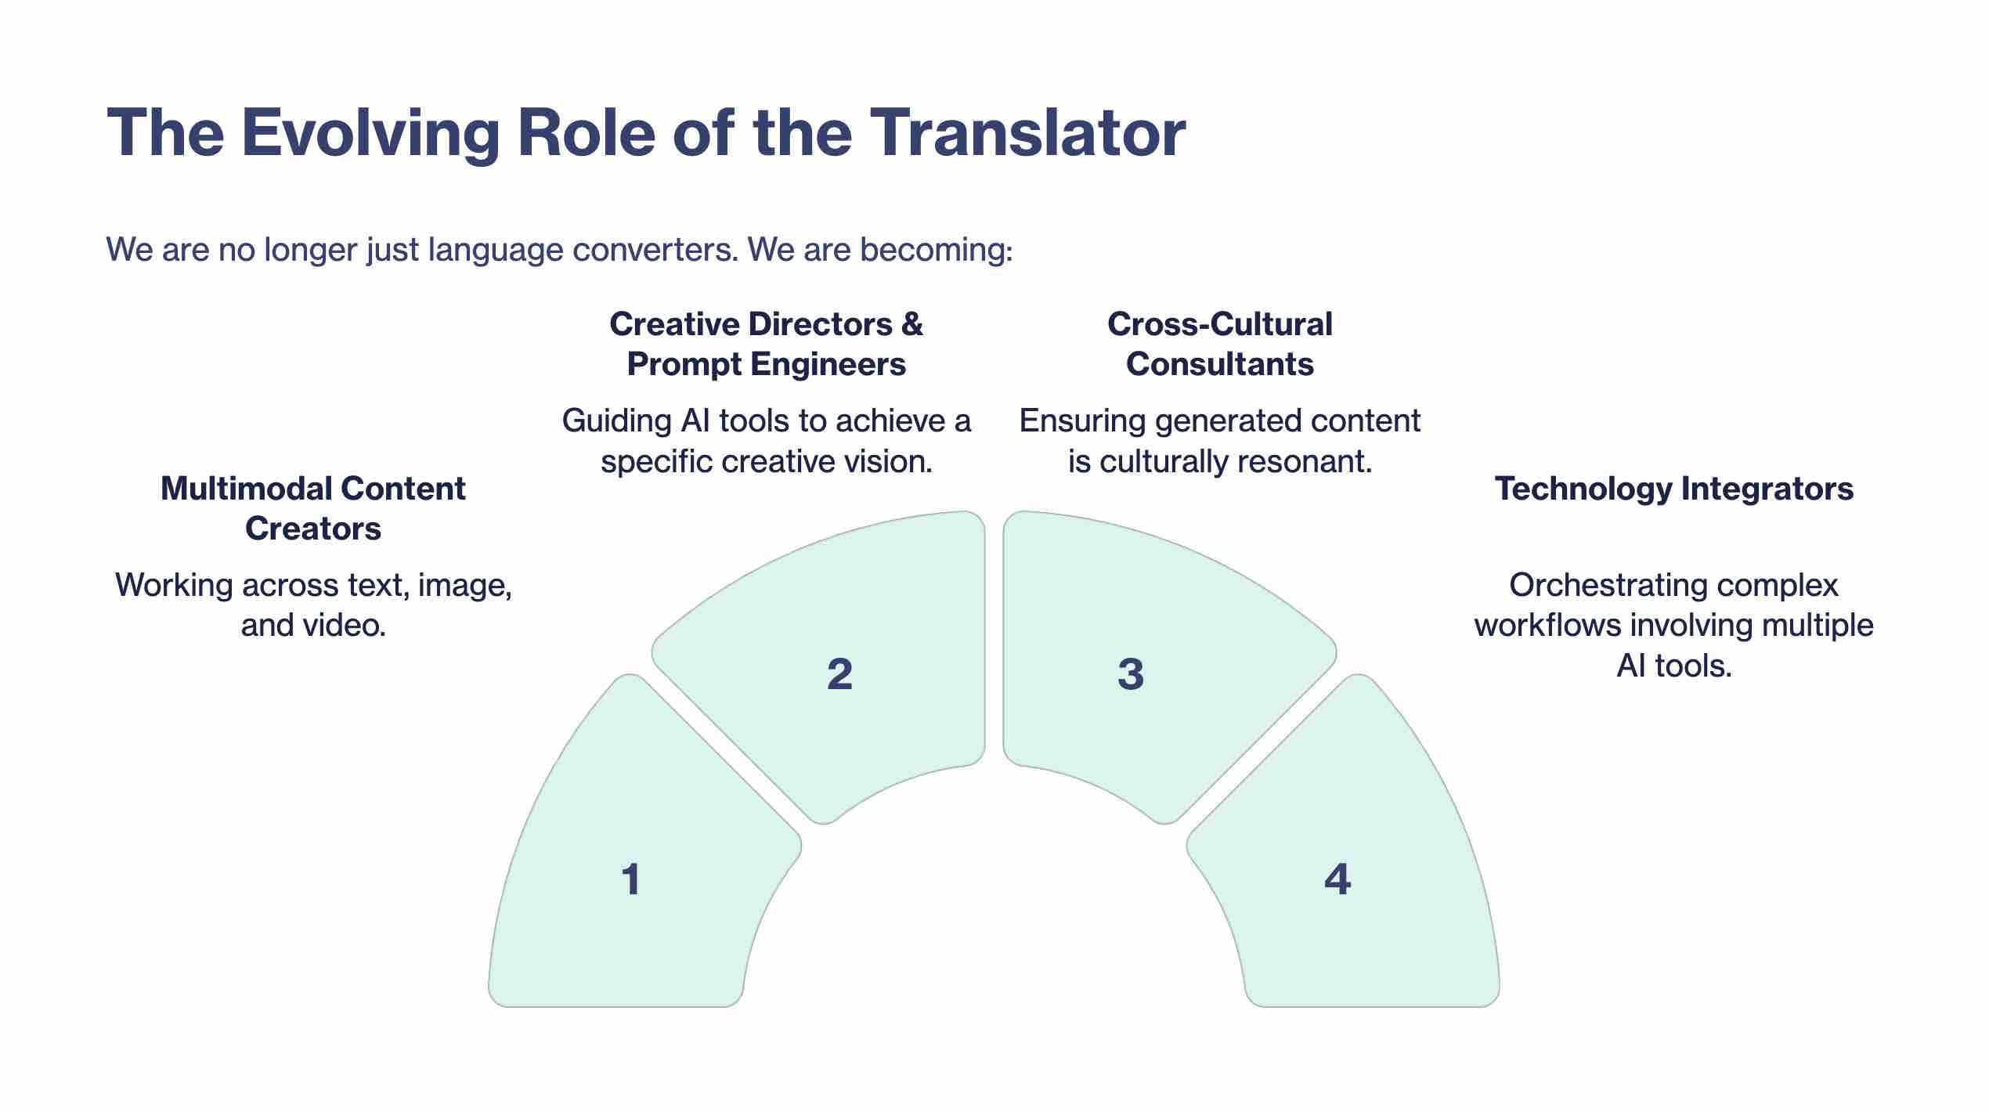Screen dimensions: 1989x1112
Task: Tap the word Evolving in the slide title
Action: click(370, 133)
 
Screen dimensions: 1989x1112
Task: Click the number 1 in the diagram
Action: click(631, 879)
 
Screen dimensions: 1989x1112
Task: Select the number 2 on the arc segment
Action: click(839, 673)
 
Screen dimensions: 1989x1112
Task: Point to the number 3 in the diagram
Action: click(1130, 673)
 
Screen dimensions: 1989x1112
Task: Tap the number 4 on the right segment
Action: click(1337, 879)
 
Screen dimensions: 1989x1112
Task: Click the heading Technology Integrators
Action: click(1674, 488)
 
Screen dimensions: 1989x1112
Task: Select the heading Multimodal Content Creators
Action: click(313, 508)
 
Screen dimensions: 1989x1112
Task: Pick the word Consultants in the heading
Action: click(1220, 364)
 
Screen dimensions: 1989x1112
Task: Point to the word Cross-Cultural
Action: click(1220, 324)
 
